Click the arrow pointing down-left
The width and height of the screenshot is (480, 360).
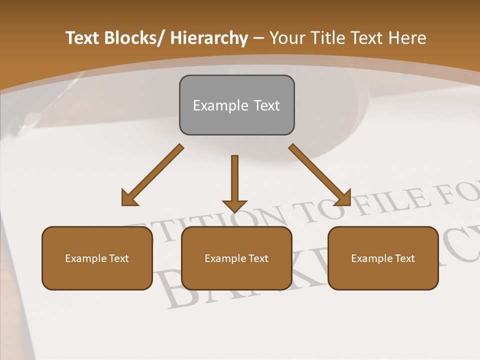[x=153, y=175]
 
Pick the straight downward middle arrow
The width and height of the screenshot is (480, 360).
[x=234, y=180]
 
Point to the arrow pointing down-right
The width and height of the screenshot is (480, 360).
[x=320, y=175]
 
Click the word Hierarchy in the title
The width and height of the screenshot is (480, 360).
[x=209, y=38]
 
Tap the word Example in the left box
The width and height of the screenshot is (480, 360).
[x=85, y=258]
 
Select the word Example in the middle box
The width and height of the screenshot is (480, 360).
[x=224, y=258]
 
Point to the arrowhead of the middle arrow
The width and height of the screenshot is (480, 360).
[x=234, y=205]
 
